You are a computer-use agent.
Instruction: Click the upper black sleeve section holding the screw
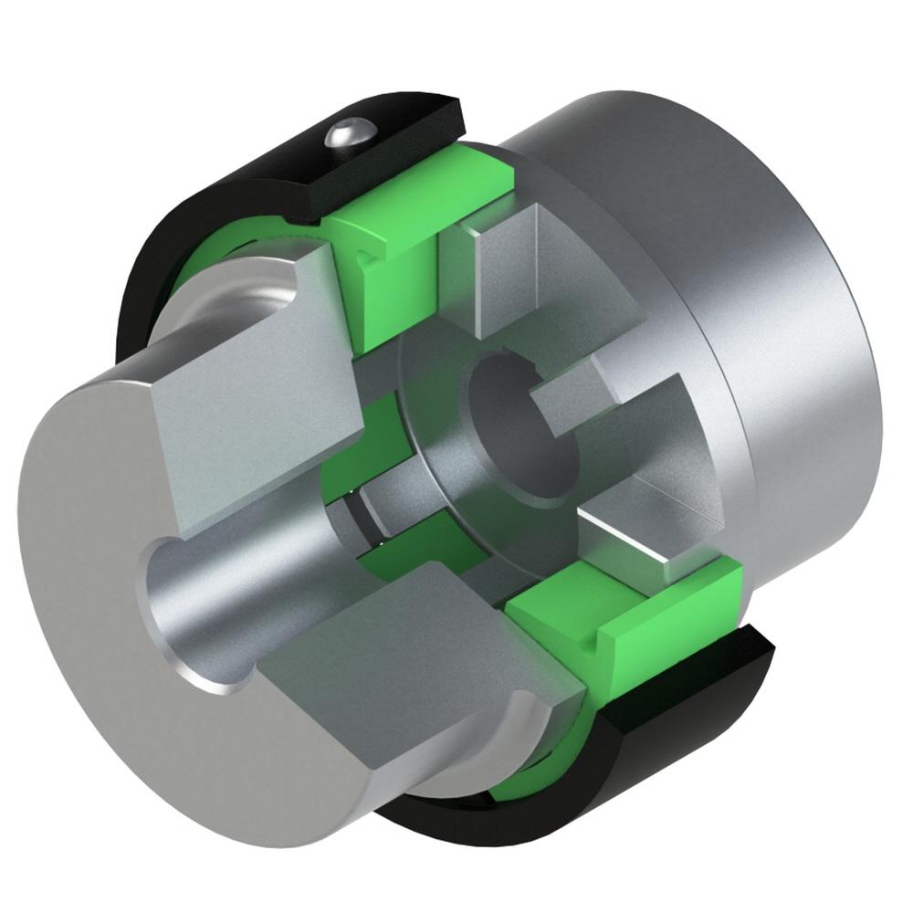[274, 173]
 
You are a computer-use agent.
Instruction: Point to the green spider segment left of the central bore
[342, 466]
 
